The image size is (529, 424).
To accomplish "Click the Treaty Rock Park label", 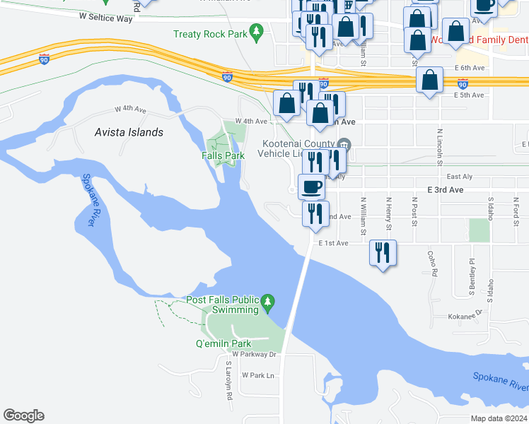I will click(x=211, y=34).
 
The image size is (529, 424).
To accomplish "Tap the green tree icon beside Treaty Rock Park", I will click(x=257, y=32).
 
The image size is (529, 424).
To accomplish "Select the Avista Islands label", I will click(x=129, y=132).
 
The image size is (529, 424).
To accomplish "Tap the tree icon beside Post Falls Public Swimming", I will click(x=267, y=302).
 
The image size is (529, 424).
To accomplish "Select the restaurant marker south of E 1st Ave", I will click(x=383, y=253).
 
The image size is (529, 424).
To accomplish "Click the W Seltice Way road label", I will click(x=106, y=18).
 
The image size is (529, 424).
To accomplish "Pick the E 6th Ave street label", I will click(x=470, y=68).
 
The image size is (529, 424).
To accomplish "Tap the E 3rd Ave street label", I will click(x=446, y=190).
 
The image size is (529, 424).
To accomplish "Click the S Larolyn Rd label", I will click(x=229, y=383).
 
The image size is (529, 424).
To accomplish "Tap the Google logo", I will click(x=23, y=416).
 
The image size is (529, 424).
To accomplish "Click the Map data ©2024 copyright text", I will click(x=499, y=418).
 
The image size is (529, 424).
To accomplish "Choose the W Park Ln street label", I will click(x=257, y=375).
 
